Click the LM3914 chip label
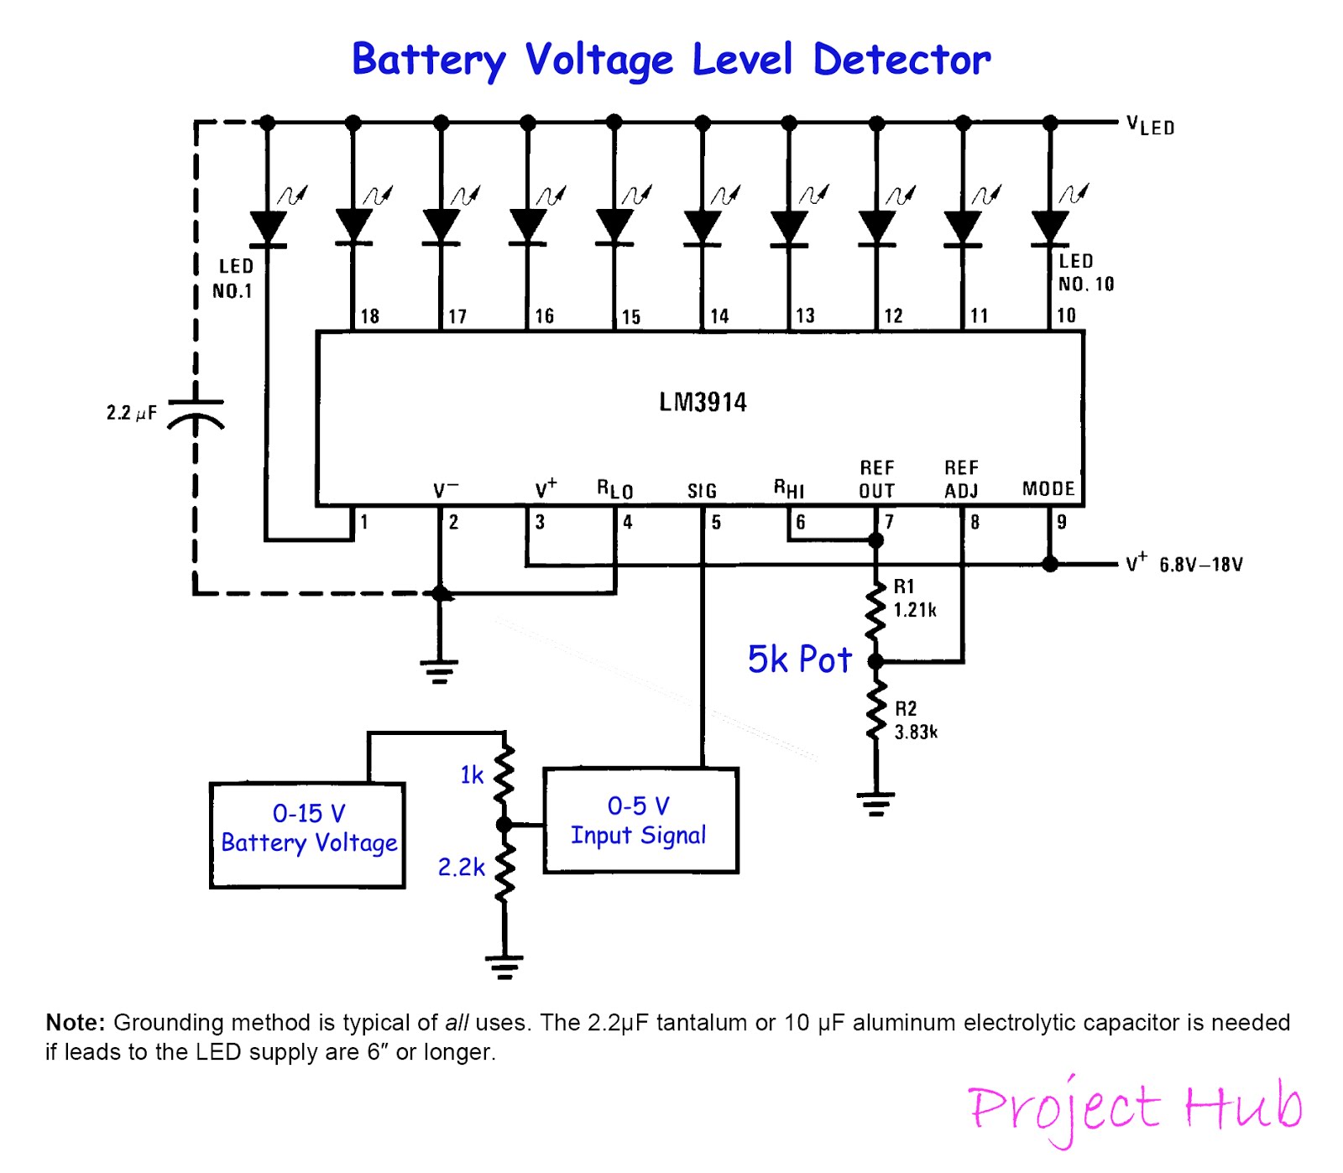coord(703,402)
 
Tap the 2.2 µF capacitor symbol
coord(196,414)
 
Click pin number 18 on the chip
coord(369,316)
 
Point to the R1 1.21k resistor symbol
coord(875,611)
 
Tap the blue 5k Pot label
coord(799,659)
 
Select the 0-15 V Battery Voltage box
coord(307,835)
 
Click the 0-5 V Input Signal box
coord(640,821)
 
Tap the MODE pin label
coord(1048,488)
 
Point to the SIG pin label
coord(702,491)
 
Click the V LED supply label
coord(1150,126)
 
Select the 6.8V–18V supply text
coord(1200,565)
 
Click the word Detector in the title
coord(901,60)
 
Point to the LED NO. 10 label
coord(1084,273)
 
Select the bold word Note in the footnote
coord(75,1022)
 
